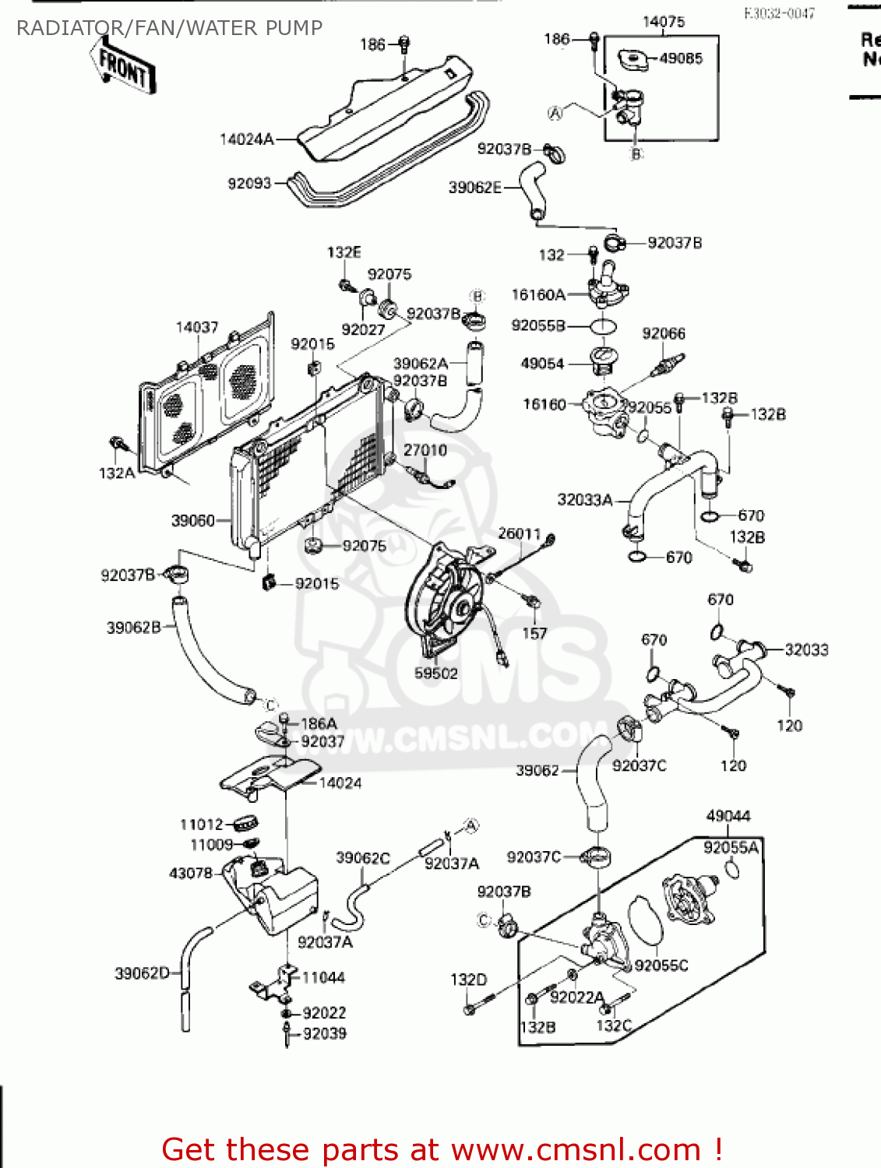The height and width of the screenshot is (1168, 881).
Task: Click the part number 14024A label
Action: pyautogui.click(x=247, y=139)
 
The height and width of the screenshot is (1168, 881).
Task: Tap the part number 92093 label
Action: pyautogui.click(x=249, y=184)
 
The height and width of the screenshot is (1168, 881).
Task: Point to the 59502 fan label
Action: pyautogui.click(x=435, y=674)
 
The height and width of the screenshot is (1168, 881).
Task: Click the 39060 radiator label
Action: pyautogui.click(x=192, y=520)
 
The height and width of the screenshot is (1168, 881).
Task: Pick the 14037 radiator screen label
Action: pyautogui.click(x=197, y=327)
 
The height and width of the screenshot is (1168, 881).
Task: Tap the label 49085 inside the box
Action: pyautogui.click(x=680, y=58)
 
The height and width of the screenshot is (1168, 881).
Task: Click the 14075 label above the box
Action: pyautogui.click(x=663, y=22)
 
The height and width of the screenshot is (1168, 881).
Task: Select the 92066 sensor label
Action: pyautogui.click(x=663, y=333)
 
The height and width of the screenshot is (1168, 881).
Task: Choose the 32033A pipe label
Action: pyautogui.click(x=584, y=500)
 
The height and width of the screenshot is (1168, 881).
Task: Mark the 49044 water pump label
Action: pyautogui.click(x=728, y=816)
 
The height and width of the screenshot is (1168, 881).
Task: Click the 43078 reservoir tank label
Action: pyautogui.click(x=191, y=874)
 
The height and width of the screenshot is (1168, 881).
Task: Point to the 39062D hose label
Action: pyautogui.click(x=142, y=973)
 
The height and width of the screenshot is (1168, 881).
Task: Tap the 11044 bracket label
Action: pyautogui.click(x=323, y=977)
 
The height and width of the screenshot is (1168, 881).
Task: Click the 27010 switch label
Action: pyautogui.click(x=425, y=450)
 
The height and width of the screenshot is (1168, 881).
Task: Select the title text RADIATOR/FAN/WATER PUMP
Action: pyautogui.click(x=169, y=28)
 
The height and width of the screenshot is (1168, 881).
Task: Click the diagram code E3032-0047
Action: pyautogui.click(x=779, y=13)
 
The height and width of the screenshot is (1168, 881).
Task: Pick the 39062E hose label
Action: pyautogui.click(x=475, y=187)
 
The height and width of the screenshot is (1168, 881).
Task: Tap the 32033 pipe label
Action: pyautogui.click(x=806, y=649)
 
